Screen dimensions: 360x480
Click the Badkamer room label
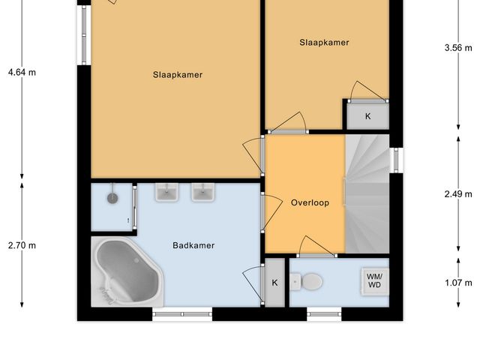(193, 245)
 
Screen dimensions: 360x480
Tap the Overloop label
(304, 202)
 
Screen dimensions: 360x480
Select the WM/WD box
(373, 280)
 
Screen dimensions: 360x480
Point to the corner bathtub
(124, 272)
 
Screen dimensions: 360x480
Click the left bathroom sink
(166, 193)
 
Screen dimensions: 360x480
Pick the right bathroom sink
(202, 193)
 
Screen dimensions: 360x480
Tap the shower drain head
(112, 198)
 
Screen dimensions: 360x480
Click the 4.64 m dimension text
(22, 73)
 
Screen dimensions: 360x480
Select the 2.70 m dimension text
(22, 245)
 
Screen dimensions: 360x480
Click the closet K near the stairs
(367, 116)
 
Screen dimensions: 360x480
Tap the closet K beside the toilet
(275, 283)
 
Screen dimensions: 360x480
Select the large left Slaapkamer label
(178, 74)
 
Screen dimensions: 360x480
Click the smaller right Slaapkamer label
(324, 43)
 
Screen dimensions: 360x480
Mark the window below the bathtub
(182, 315)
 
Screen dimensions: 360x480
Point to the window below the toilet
(325, 315)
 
